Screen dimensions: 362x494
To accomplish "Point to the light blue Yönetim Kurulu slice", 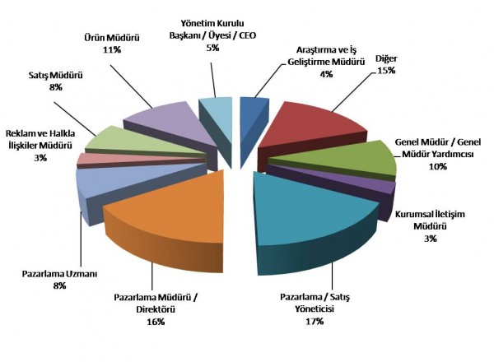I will point(215,111).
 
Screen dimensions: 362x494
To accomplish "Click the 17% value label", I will point(313,321).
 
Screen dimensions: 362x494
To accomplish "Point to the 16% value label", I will point(154,321).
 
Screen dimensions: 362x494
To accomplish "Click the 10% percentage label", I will point(437,166).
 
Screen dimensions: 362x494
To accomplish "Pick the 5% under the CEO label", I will point(212,48).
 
